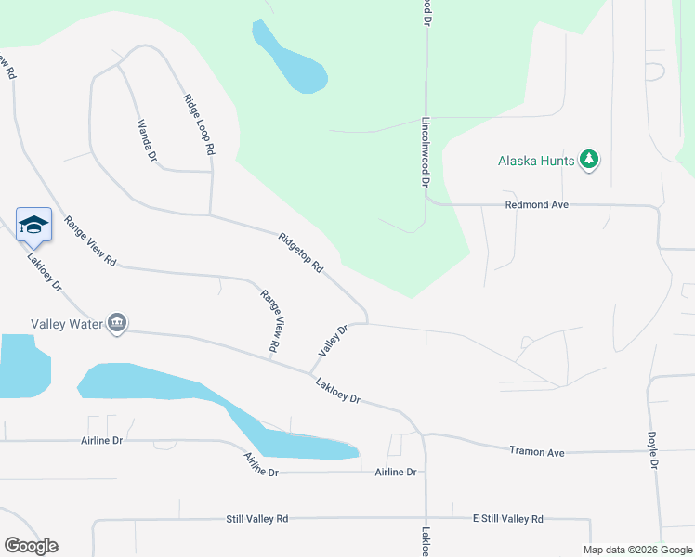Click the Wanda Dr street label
point(147,140)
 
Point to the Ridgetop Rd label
point(300,252)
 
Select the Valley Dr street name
point(332,341)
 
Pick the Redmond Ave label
point(536,204)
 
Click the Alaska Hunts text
point(536,160)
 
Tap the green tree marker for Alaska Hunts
point(588,160)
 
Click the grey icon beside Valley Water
point(117,323)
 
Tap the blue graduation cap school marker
point(33,225)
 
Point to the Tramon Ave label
point(537,451)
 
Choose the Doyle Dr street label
point(653,449)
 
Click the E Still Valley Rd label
point(507,519)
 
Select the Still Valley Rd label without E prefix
point(257,519)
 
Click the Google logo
point(31,546)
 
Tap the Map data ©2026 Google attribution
point(636,550)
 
